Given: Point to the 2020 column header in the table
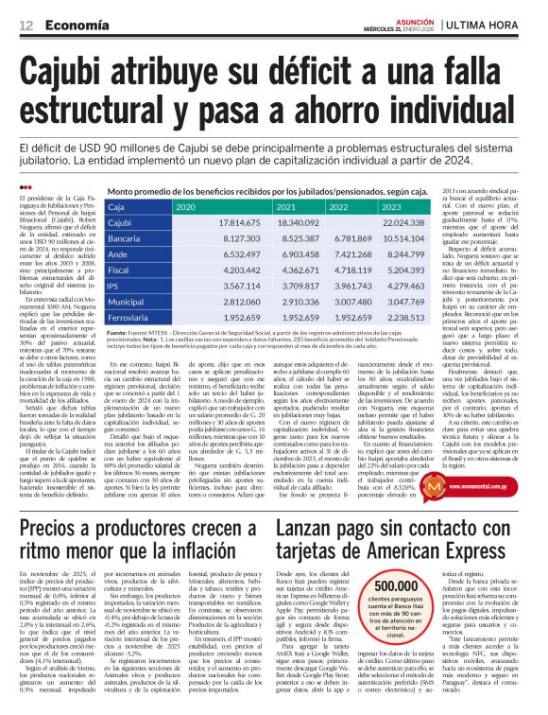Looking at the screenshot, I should tap(186, 232).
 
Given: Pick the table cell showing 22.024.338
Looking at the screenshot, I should tap(404, 249).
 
